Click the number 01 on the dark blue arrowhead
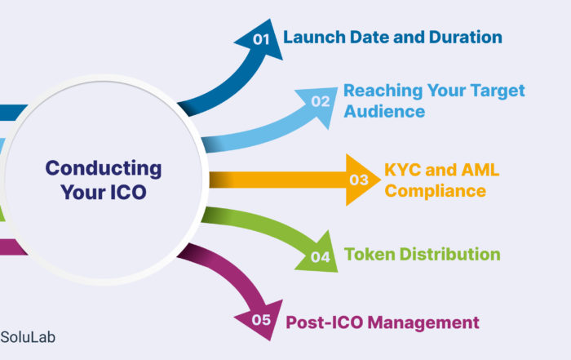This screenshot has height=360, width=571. click(261, 39)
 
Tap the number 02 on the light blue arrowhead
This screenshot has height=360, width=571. click(321, 101)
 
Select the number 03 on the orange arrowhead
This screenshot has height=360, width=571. click(359, 180)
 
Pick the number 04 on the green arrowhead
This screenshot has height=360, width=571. click(321, 257)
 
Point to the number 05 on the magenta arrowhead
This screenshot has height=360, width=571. click(261, 320)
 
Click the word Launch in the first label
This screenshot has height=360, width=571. click(314, 38)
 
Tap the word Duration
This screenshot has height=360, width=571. click(466, 38)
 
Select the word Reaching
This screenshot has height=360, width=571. click(383, 91)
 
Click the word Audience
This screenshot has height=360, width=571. click(384, 111)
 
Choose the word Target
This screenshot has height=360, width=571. click(498, 91)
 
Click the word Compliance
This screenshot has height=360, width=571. click(435, 191)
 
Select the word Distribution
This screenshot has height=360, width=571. click(449, 255)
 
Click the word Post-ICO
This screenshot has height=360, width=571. click(324, 322)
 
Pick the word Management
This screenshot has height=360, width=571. click(423, 322)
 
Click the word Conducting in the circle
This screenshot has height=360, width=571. click(104, 169)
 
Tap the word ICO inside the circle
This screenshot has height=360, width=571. click(128, 192)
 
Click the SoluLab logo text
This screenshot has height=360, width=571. click(28, 337)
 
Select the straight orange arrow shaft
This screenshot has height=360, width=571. click(278, 180)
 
